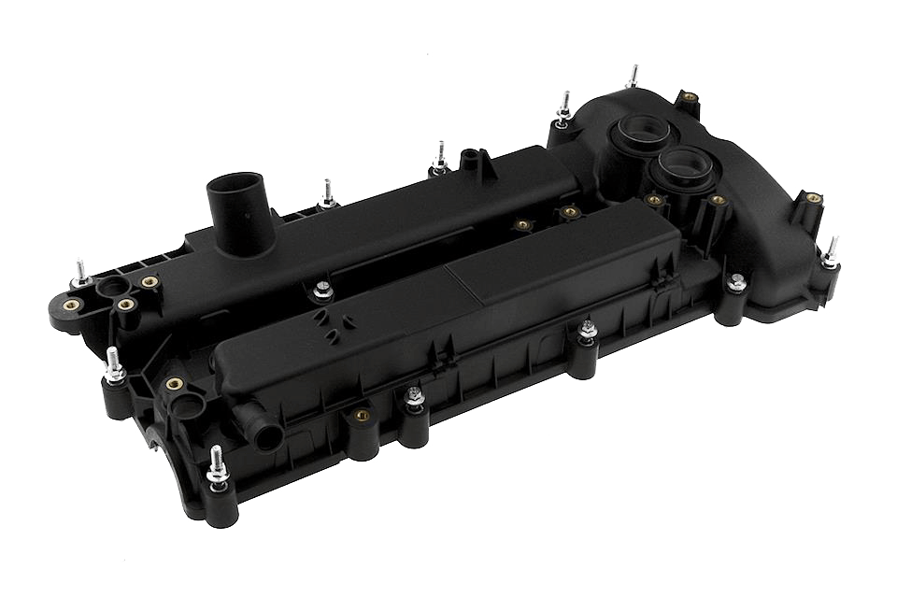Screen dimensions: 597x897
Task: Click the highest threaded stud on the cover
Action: tap(634, 78)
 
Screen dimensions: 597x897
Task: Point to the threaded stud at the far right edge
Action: tap(832, 253)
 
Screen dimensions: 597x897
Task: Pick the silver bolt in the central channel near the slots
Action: tap(320, 290)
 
